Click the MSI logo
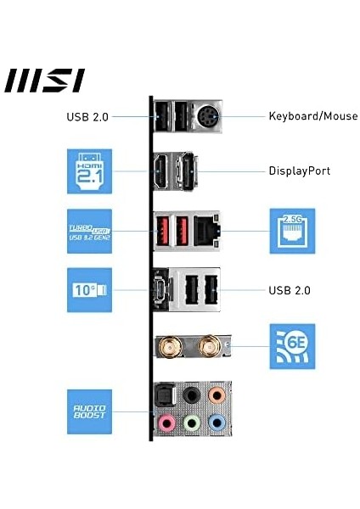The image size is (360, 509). click(x=44, y=81)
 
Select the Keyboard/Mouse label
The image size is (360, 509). click(x=313, y=116)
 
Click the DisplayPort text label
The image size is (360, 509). click(x=300, y=171)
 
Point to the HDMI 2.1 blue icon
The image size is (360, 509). click(x=89, y=171)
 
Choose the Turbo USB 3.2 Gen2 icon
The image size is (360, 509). click(x=89, y=230)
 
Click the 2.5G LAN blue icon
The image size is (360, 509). click(x=292, y=230)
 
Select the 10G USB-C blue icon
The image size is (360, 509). click(x=89, y=290)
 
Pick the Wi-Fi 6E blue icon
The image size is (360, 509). click(x=292, y=345)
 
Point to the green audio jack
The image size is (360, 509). click(x=192, y=421)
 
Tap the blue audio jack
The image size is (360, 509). click(x=218, y=421)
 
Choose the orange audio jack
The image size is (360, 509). click(x=218, y=395)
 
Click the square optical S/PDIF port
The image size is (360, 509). click(x=165, y=395)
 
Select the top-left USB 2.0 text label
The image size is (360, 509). click(x=87, y=116)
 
